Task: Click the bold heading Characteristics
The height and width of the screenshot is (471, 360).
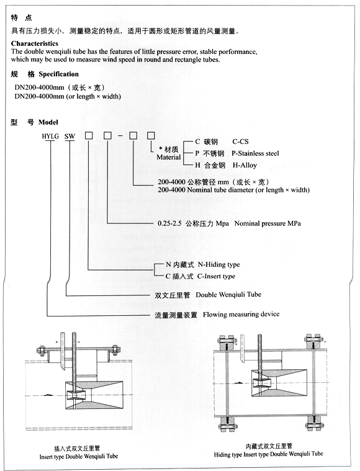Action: click(x=35, y=43)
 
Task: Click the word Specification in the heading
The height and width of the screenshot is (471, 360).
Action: click(x=58, y=74)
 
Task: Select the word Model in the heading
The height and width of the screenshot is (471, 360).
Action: click(x=48, y=122)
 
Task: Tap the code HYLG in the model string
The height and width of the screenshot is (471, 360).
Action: click(x=50, y=137)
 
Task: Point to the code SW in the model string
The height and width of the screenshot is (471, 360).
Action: click(x=70, y=137)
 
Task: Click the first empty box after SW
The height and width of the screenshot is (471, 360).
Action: click(x=89, y=136)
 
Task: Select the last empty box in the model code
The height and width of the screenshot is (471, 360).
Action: click(x=151, y=136)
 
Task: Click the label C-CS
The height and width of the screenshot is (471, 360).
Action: click(x=240, y=141)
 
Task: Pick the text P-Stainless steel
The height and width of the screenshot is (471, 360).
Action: click(x=255, y=153)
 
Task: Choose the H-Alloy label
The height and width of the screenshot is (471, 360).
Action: click(x=245, y=165)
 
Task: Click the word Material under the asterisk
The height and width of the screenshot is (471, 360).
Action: click(x=169, y=157)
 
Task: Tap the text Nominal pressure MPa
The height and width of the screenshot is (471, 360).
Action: click(x=268, y=223)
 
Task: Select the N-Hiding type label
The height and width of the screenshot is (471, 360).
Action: click(x=218, y=264)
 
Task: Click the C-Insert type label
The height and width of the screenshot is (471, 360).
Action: click(x=216, y=276)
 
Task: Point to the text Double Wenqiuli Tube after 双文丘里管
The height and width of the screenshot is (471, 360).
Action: click(x=228, y=295)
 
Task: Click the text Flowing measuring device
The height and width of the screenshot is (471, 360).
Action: click(x=241, y=315)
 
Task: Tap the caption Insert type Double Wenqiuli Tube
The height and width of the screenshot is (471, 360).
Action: click(x=79, y=456)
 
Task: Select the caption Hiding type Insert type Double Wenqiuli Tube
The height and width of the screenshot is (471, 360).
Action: click(x=268, y=454)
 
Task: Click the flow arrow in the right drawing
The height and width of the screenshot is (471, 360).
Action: click(x=238, y=382)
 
